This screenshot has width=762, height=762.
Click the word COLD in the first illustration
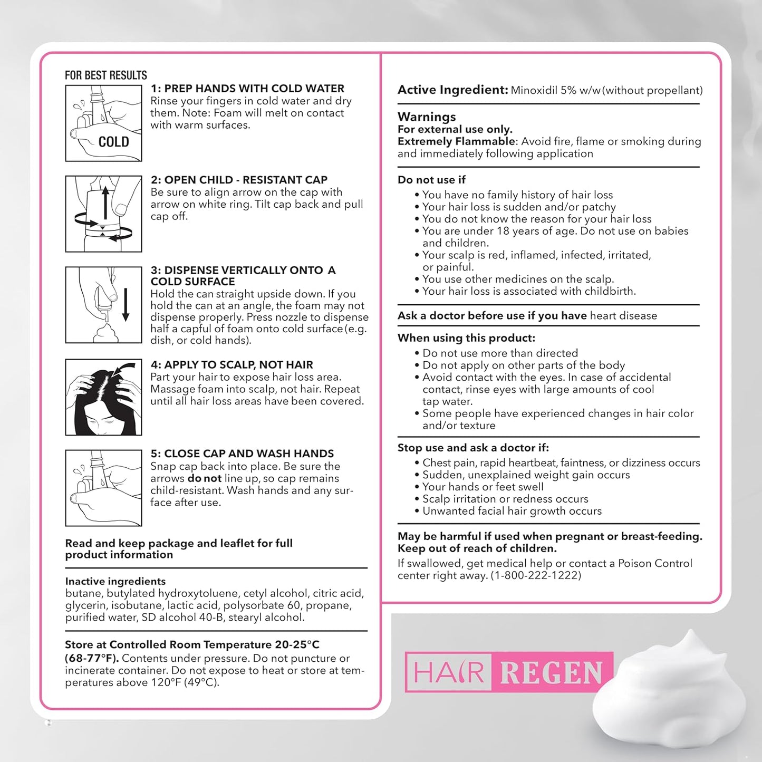tap(113, 142)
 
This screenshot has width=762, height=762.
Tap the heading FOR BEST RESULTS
tap(106, 75)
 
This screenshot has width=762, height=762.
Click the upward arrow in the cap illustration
tap(105, 202)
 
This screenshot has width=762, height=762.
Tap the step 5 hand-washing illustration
tap(103, 488)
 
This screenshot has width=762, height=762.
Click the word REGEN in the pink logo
tap(551, 672)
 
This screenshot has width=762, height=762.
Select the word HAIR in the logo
tap(449, 672)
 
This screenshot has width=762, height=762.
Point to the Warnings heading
tap(427, 117)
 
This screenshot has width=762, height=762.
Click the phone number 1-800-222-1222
tap(536, 575)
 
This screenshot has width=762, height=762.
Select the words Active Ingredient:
tap(452, 90)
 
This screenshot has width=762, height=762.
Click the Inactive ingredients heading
tap(115, 581)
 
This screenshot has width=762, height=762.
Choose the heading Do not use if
tap(431, 180)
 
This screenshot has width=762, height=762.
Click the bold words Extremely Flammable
tap(456, 141)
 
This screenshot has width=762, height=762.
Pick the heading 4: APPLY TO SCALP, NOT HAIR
tap(232, 364)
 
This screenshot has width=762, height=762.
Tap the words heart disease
tap(623, 316)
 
